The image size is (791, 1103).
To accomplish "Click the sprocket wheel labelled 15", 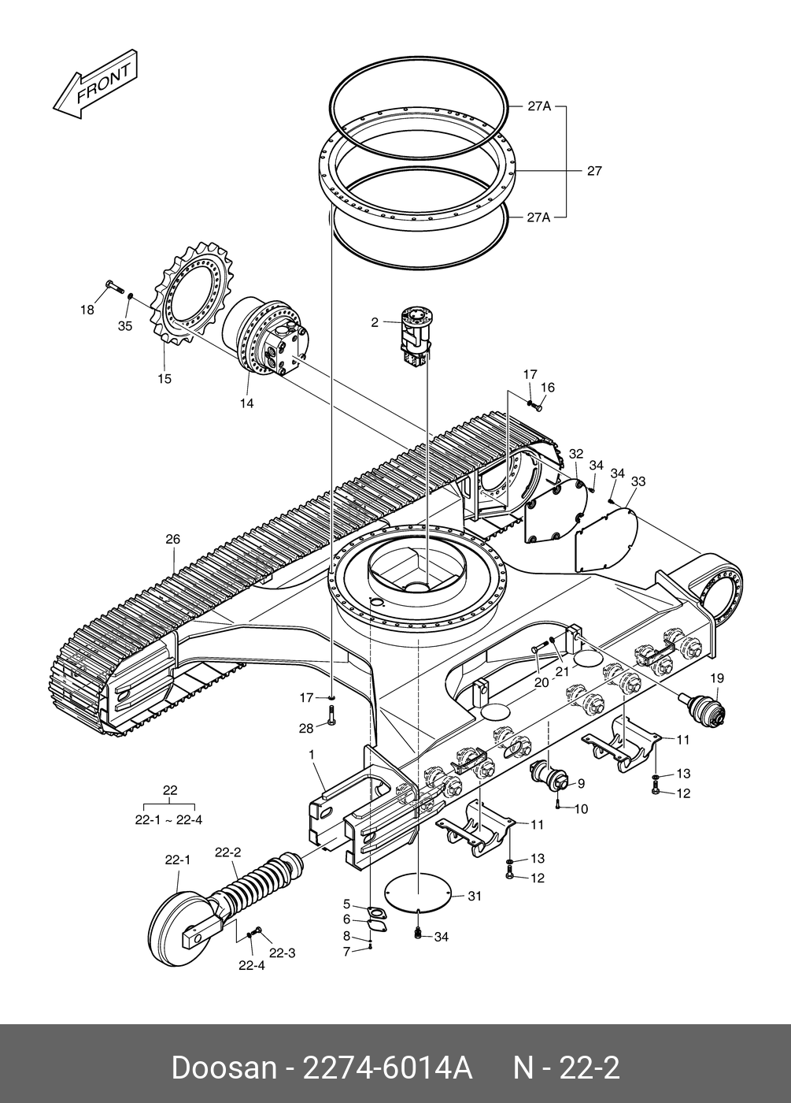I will (194, 295).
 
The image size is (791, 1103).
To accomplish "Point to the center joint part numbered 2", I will (417, 335).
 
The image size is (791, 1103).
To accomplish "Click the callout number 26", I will (172, 540).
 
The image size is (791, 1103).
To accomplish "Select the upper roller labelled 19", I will (704, 707).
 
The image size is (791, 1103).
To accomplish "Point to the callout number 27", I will (594, 171).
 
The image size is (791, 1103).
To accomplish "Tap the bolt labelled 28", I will (331, 718).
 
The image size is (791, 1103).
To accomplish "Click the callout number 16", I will (548, 388).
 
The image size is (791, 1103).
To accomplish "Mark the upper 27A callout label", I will (539, 106).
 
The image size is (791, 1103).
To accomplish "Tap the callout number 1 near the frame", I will (312, 755).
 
